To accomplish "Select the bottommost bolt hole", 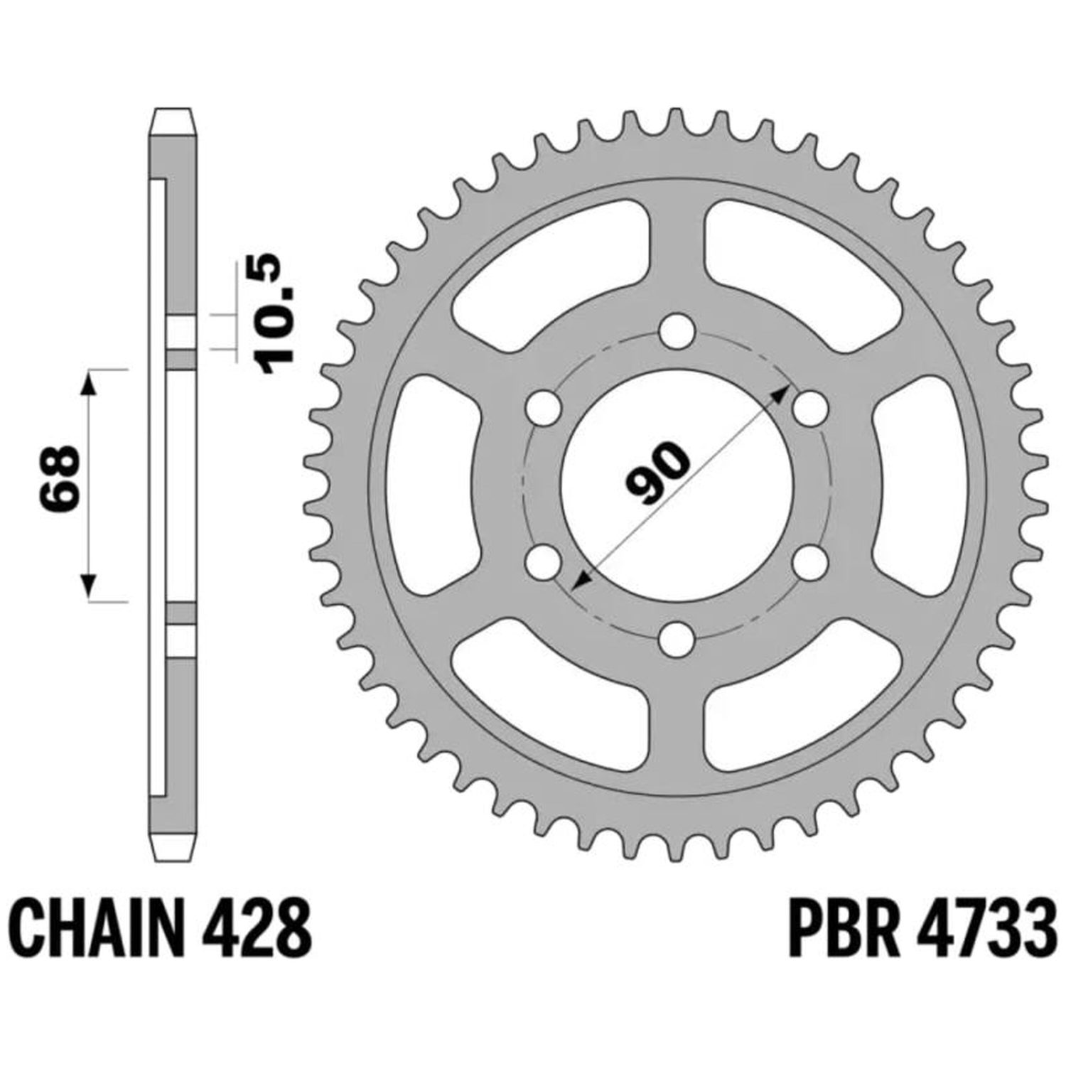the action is (x=676, y=638).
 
